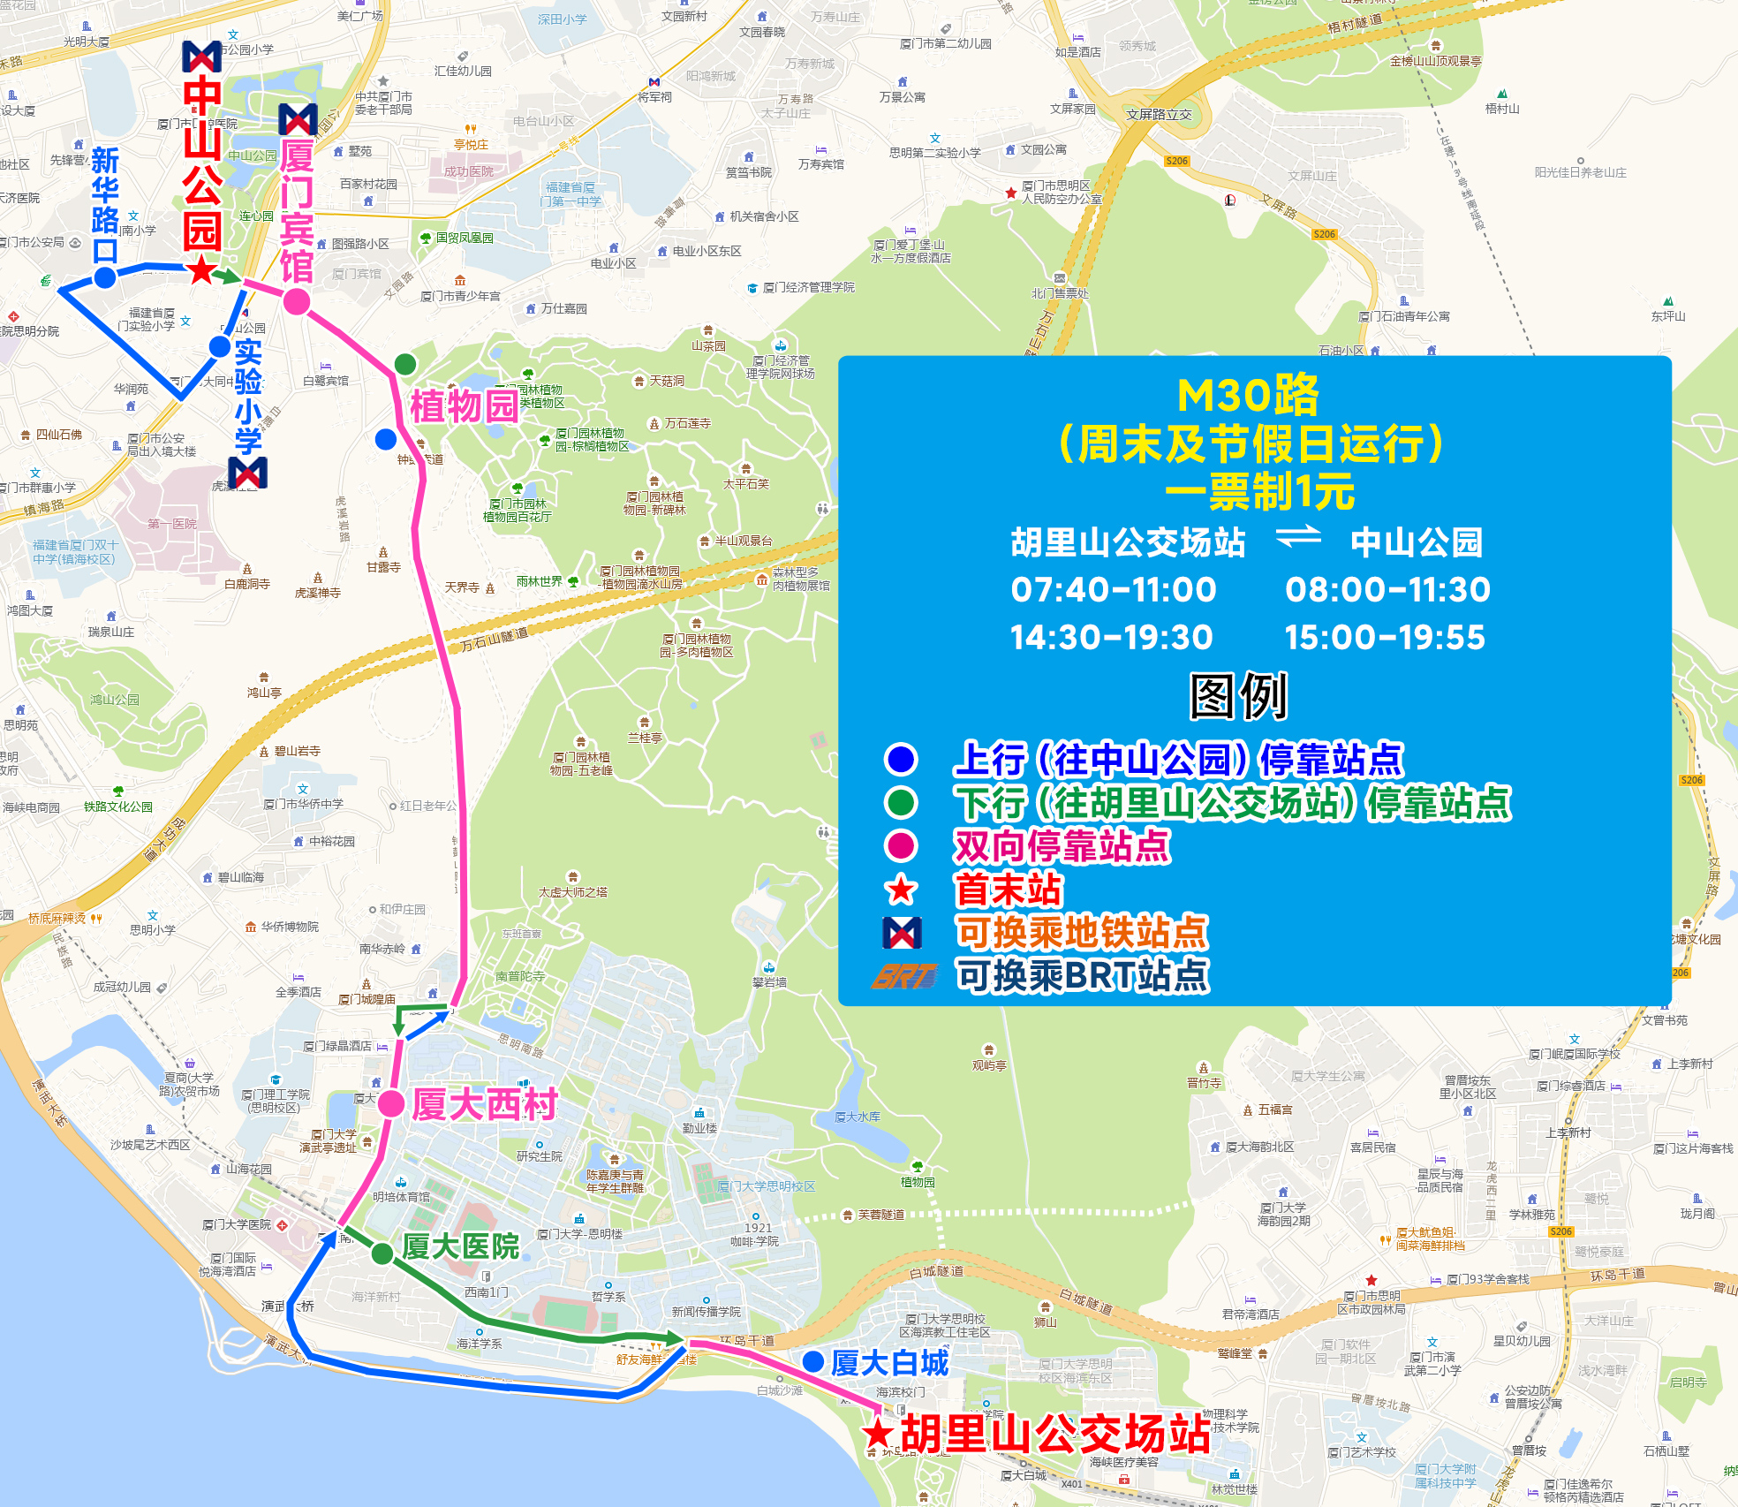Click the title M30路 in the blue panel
1248,395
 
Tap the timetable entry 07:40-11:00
1114,589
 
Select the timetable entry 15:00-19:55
1385,637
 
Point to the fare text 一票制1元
1260,491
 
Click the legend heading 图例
1239,696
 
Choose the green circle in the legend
901,802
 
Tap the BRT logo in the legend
903,976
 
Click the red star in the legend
901,890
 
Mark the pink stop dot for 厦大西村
391,1103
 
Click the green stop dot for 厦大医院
382,1253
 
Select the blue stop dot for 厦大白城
813,1362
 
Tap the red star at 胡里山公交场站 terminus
878,1434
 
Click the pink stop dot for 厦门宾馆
297,302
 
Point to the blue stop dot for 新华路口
105,277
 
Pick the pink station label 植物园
464,406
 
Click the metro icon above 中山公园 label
201,57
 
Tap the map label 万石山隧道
495,640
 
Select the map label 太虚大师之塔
573,892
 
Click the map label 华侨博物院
290,927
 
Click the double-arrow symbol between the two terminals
1298,536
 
